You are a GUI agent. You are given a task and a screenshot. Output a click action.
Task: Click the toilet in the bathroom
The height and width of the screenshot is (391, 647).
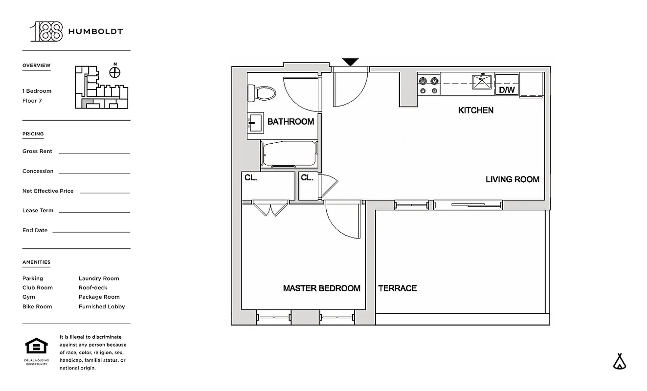coord(262,92)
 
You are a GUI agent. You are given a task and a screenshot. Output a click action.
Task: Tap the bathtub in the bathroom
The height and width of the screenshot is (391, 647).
coord(289,154)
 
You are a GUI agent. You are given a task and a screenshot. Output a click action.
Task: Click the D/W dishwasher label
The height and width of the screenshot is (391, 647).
coord(507,90)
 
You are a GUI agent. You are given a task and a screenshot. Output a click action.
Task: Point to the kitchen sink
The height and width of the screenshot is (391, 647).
coord(482,82)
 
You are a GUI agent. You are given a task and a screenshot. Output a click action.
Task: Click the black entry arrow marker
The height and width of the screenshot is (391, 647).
coord(350,62)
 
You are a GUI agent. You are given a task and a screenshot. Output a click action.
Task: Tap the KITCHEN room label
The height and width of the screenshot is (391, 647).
coord(475,110)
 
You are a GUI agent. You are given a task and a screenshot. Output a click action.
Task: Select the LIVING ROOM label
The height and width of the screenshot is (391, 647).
coord(512,179)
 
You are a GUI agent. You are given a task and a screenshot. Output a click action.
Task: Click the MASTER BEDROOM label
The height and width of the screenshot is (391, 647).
coord(321,288)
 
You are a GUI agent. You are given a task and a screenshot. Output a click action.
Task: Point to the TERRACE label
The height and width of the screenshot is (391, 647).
coord(397,288)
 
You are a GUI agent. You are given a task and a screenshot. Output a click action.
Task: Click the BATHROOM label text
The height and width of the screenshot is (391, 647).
coord(290,122)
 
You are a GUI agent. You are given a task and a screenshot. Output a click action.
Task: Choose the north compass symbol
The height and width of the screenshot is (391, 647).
coord(115,72)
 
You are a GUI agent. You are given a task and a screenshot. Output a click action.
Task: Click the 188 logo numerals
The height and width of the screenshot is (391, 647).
coord(47,31)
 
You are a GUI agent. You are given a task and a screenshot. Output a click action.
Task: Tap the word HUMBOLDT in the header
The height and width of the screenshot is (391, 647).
coord(95,32)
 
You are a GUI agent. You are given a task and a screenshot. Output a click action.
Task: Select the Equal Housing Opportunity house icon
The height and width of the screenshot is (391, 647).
coord(37,346)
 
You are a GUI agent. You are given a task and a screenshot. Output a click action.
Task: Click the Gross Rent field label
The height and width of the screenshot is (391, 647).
coord(37,152)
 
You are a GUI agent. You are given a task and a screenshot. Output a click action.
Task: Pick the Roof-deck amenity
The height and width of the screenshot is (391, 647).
coord(93,288)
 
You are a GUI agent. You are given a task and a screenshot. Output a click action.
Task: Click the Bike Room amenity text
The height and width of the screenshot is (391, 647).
coord(37,307)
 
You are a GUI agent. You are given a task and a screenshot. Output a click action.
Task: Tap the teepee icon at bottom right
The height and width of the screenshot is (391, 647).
coord(620,361)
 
